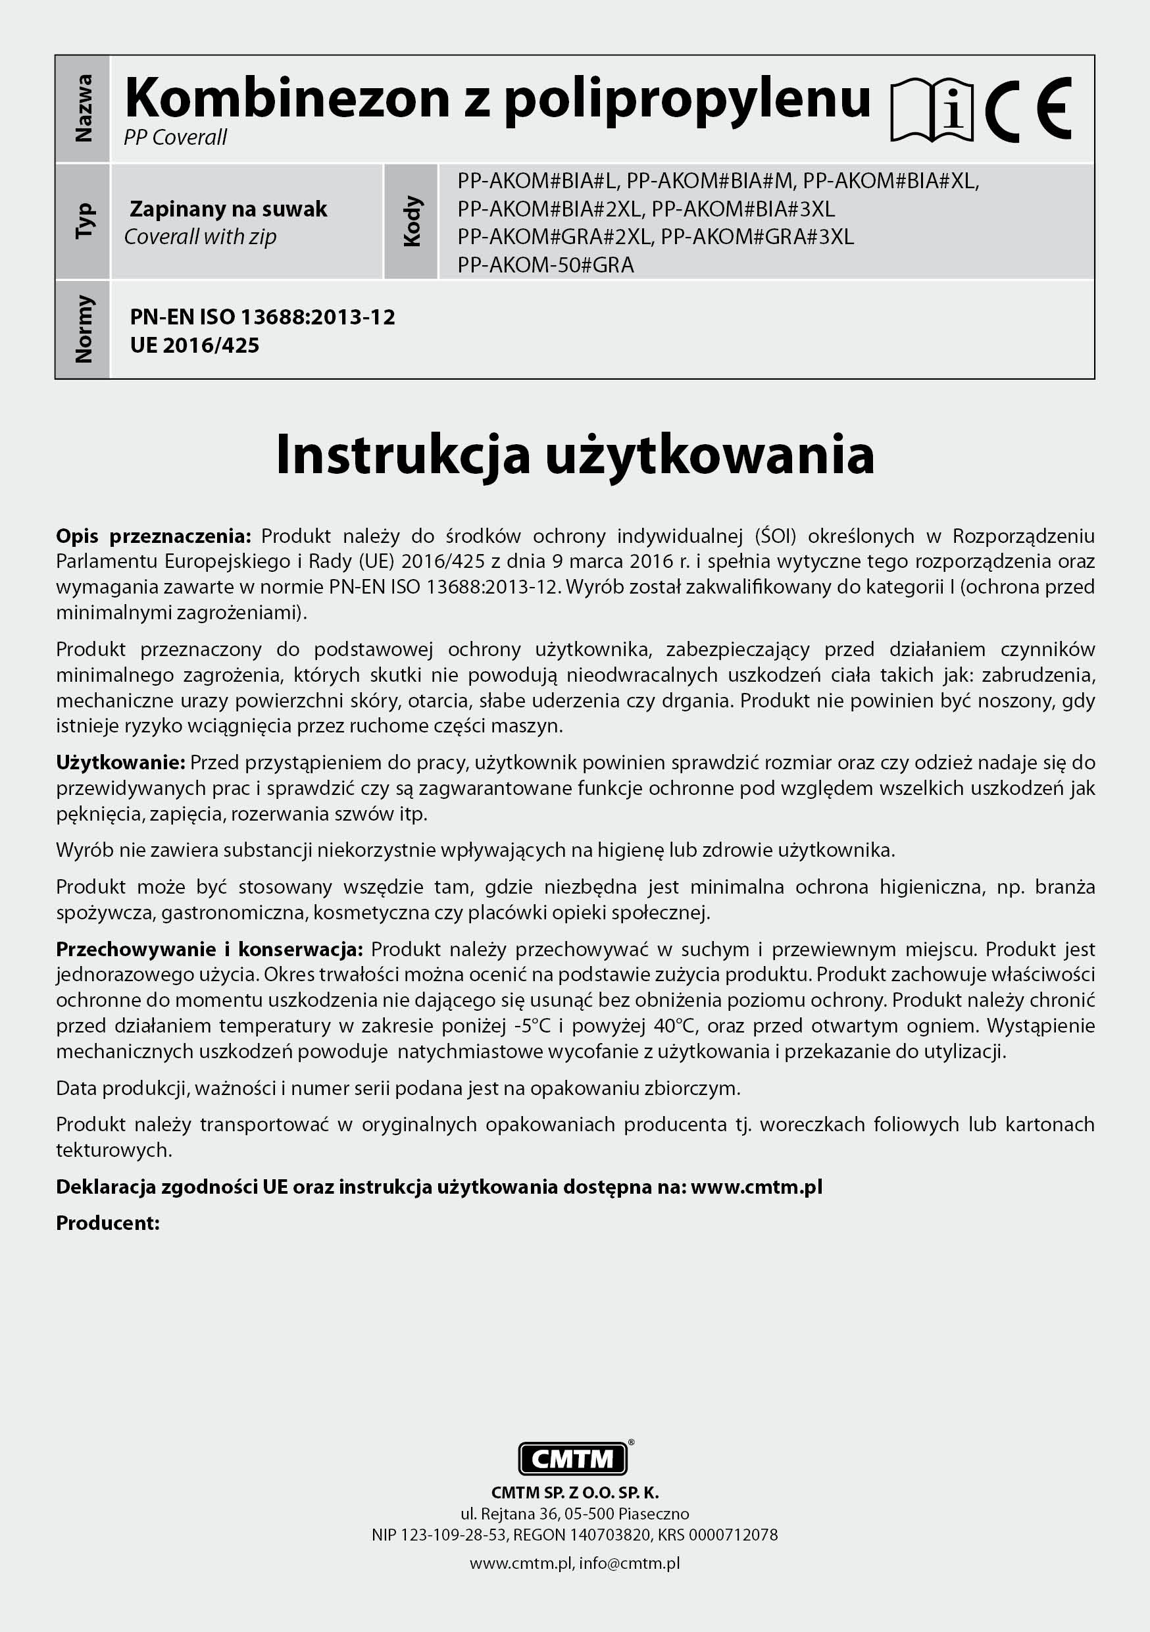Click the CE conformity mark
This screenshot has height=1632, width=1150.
point(1028,110)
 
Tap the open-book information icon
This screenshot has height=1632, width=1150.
point(932,110)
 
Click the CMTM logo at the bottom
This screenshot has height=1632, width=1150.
point(573,1458)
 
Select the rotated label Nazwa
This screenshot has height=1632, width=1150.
point(83,109)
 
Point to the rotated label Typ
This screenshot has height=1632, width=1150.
point(83,221)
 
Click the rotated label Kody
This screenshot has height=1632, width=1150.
point(412,221)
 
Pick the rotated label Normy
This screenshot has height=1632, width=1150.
point(83,329)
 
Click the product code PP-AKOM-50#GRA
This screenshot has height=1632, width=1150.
point(545,265)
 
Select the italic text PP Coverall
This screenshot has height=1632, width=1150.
point(175,137)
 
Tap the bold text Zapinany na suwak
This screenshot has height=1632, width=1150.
point(228,209)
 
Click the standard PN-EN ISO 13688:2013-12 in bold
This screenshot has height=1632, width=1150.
point(262,317)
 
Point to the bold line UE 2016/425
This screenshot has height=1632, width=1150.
point(194,345)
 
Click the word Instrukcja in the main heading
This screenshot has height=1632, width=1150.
point(402,454)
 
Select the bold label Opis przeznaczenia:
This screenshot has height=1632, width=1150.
point(153,536)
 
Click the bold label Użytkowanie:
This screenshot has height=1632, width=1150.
point(121,763)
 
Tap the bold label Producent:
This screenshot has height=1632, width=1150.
point(108,1223)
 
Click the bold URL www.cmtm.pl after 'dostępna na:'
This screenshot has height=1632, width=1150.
point(756,1186)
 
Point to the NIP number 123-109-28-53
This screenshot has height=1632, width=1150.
point(453,1535)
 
